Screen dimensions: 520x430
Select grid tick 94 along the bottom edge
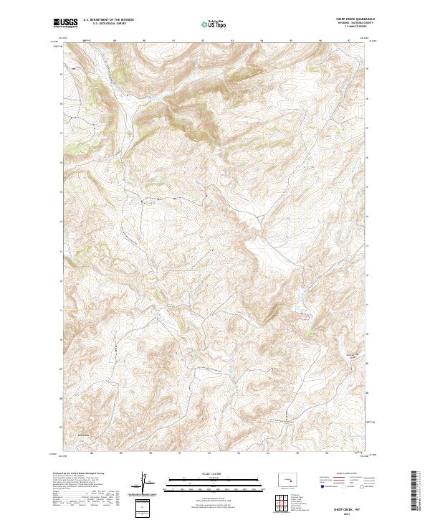coord(268,453)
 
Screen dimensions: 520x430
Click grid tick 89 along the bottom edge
coord(121,453)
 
